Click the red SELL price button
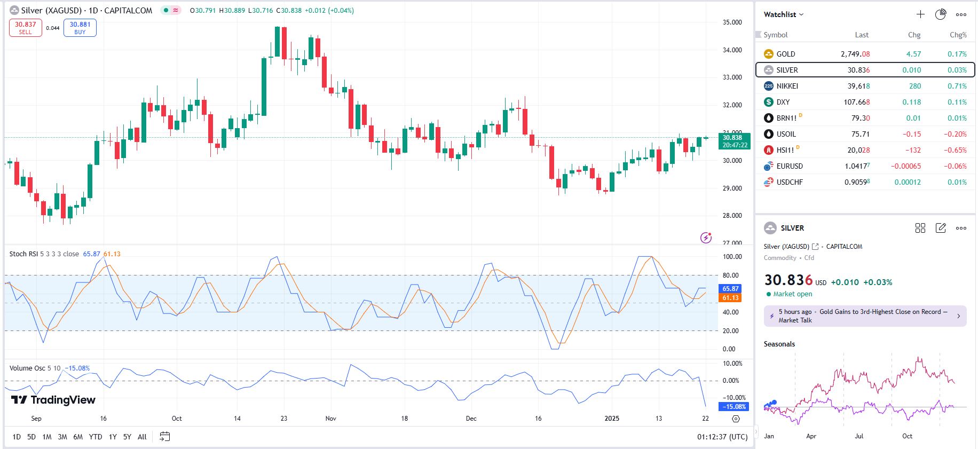point(25,28)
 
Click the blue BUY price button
point(80,28)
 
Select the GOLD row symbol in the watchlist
point(785,54)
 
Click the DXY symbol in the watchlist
point(783,102)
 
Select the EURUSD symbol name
point(790,166)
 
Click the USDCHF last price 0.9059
point(857,182)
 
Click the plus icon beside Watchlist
point(920,14)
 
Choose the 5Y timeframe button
point(127,437)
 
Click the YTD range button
point(96,437)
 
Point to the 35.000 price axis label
point(732,22)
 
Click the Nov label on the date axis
point(331,419)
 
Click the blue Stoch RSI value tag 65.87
point(730,288)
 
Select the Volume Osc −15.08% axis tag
point(735,407)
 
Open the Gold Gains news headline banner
point(865,316)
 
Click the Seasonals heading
point(779,344)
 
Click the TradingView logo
point(53,400)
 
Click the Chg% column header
point(958,35)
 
